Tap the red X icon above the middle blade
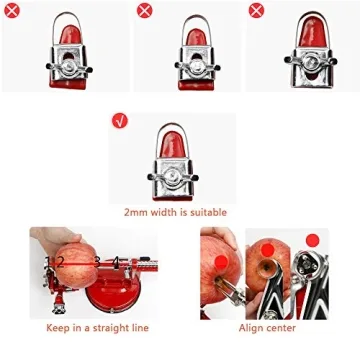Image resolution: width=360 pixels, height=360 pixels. [144, 9]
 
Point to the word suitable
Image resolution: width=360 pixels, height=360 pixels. [212, 213]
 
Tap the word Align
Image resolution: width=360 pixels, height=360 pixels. [251, 327]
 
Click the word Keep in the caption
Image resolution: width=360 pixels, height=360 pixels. [58, 327]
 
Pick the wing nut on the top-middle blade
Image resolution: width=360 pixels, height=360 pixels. [192, 69]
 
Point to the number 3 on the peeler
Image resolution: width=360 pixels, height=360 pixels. [98, 262]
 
